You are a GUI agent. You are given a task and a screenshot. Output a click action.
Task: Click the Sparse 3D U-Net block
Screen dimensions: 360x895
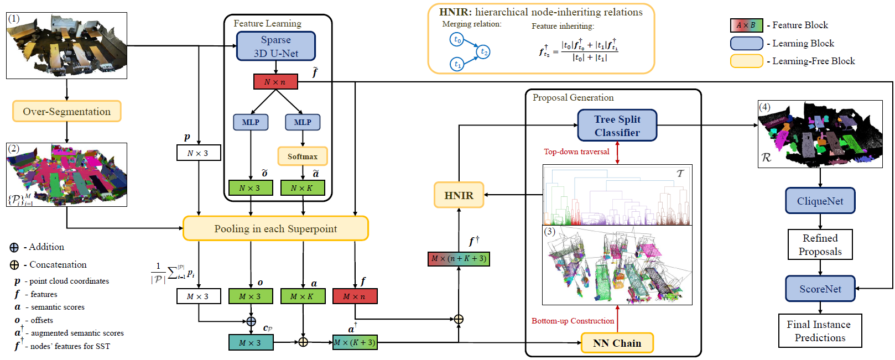(275, 46)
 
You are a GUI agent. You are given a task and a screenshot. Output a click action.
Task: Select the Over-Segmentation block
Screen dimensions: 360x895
(66, 111)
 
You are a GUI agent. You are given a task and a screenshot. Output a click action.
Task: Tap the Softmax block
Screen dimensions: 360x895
(302, 156)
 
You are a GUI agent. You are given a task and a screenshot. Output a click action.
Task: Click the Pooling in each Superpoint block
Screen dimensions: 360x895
(275, 228)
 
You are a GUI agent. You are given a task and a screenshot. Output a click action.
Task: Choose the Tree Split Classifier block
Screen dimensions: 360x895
(617, 126)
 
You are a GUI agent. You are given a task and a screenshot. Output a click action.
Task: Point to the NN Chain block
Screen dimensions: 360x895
(617, 343)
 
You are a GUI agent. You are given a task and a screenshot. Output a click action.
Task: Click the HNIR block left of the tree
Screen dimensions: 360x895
(459, 195)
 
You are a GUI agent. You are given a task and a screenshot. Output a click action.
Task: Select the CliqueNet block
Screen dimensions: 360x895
(820, 201)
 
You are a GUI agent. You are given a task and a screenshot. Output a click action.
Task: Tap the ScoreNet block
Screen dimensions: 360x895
(820, 289)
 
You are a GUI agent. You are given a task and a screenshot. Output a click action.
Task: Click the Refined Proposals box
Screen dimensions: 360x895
(820, 244)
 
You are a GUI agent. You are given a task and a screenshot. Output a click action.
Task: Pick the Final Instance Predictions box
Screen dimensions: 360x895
(820, 331)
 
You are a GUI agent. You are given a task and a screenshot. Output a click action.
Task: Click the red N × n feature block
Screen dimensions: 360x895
(275, 82)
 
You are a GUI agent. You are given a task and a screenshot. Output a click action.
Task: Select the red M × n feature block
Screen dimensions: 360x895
(355, 296)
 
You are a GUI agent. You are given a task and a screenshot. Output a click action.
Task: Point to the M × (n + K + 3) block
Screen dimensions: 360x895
(459, 259)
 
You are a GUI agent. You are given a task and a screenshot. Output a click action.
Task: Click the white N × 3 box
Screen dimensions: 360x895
(198, 153)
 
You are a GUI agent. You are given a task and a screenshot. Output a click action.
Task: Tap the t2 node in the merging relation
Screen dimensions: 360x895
(483, 52)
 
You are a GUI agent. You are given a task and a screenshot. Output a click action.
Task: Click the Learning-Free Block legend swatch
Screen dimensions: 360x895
(746, 61)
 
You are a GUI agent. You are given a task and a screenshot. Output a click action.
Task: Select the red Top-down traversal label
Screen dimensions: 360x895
(576, 152)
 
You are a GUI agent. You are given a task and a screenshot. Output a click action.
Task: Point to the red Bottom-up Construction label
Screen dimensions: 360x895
(573, 321)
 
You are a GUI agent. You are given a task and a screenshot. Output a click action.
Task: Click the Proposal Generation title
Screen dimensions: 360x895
(573, 98)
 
